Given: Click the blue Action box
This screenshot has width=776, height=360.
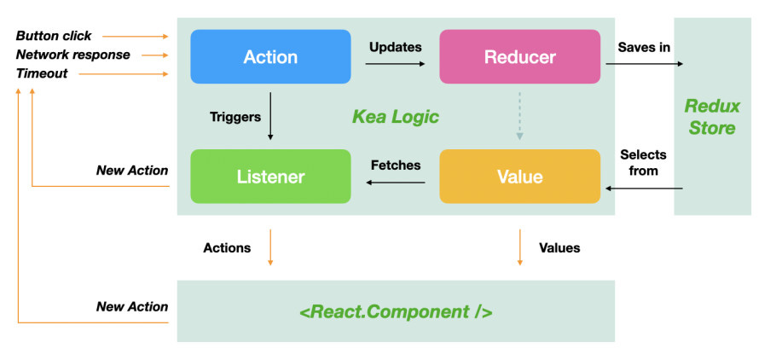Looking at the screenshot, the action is point(270,56).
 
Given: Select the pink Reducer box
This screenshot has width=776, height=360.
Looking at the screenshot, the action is point(519,56).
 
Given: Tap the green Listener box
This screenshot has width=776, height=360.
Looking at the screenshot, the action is point(270,177).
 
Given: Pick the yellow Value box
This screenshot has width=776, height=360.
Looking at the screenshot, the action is point(519,177).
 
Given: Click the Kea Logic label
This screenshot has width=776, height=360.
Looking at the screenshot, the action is point(396,117).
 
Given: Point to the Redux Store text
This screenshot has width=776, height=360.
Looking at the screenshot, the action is point(712,117).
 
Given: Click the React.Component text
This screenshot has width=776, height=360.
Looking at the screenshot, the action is point(396,312).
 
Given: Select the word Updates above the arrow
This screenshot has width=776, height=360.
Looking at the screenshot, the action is point(396,47).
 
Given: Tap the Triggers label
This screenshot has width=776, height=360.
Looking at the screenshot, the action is point(235,117).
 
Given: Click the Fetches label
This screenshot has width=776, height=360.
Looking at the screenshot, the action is point(396,165).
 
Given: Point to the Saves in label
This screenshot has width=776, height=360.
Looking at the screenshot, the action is point(644,47).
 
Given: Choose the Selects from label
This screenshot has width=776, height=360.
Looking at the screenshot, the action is point(643,162).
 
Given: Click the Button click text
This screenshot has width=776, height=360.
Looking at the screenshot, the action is point(54,36).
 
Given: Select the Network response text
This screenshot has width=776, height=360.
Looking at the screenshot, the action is point(72,55).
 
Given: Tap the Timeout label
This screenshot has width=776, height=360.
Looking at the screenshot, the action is point(42,73).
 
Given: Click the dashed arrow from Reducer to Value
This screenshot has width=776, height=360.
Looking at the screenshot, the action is point(519,115).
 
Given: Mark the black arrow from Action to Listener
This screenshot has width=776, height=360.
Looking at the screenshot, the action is point(270,115).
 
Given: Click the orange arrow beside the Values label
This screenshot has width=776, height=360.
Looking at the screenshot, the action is point(519,247).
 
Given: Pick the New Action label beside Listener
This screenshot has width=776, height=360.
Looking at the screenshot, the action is point(132,171).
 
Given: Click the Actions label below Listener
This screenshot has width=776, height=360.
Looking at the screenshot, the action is point(227,247).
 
